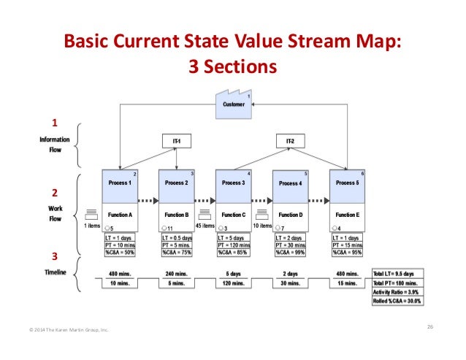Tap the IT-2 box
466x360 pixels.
click(x=290, y=141)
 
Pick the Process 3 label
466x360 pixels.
click(x=233, y=183)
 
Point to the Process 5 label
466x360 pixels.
click(x=347, y=183)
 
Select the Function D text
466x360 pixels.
click(x=290, y=215)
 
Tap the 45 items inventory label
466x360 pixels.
click(x=205, y=226)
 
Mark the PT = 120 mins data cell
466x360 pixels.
click(x=233, y=245)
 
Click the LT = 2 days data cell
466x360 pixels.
click(x=290, y=238)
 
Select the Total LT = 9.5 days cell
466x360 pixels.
click(x=399, y=273)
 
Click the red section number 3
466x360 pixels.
click(x=53, y=256)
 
